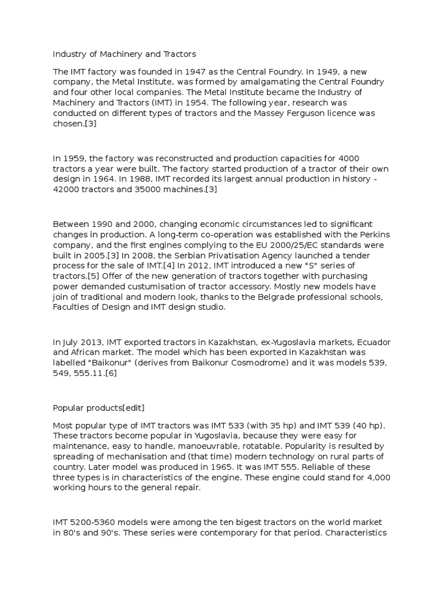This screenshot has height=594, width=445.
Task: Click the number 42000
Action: pyautogui.click(x=65, y=190)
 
